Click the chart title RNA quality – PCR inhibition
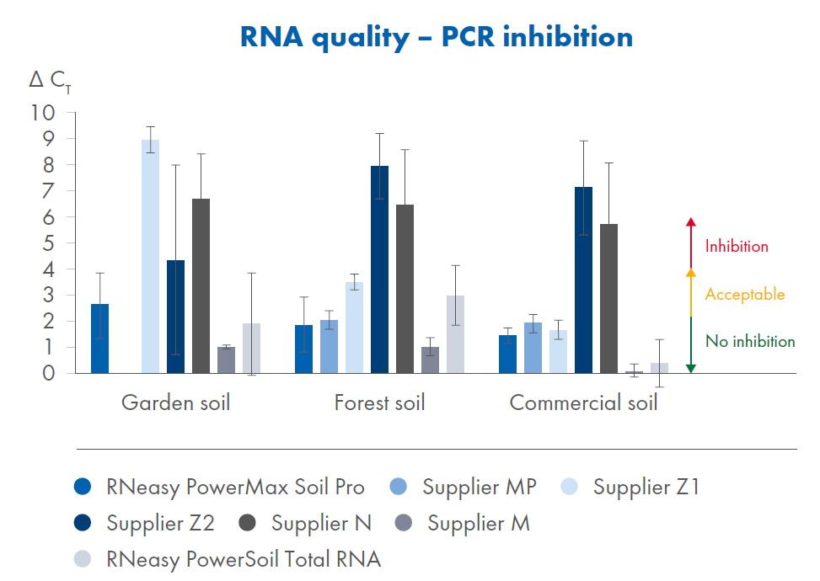pos(436,37)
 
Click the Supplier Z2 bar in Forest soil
pos(379,269)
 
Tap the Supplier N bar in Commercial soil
pos(608,299)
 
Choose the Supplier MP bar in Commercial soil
pos(533,348)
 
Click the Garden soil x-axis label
pos(175,402)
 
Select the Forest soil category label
pos(379,402)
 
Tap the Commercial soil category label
pos(583,402)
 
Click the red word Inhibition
pos(737,247)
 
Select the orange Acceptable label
pos(744,295)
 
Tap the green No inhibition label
pos(750,342)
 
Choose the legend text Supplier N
pos(321,523)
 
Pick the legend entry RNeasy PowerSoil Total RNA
pos(244,559)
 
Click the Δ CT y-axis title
pos(49,80)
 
